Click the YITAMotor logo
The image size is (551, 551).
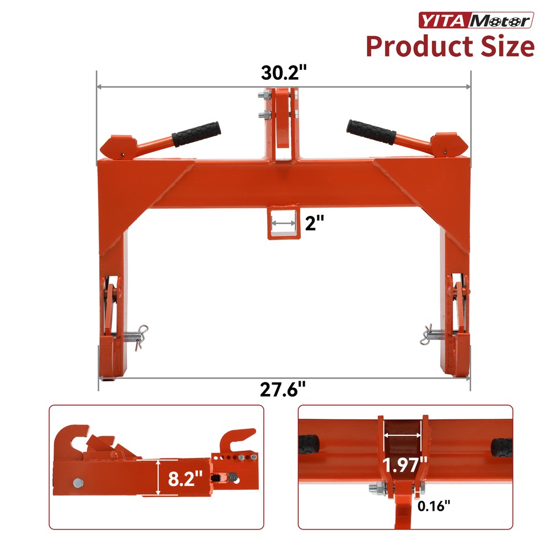coord(477,20)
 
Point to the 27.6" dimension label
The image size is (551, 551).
coord(283,390)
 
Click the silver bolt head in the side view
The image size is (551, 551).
coord(77,483)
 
